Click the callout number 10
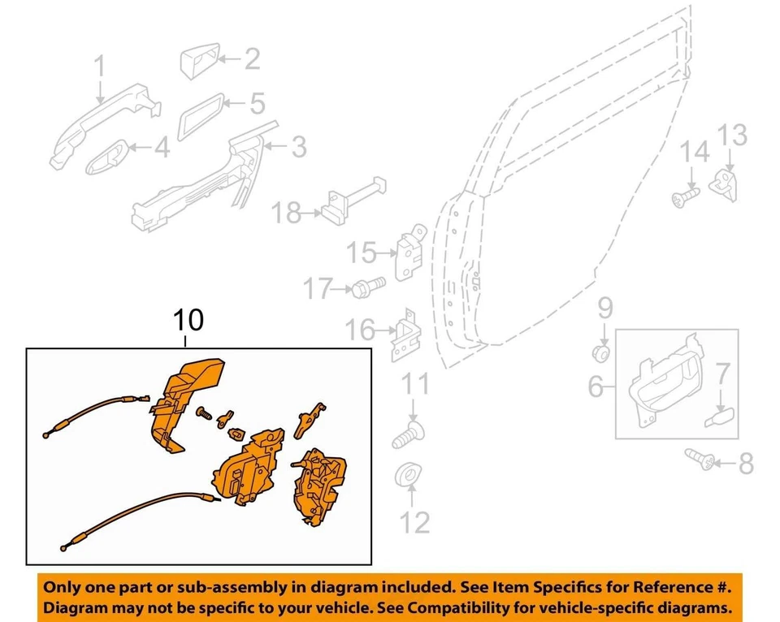[x=188, y=321]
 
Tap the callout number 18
[x=286, y=214]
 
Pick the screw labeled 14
[x=686, y=195]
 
